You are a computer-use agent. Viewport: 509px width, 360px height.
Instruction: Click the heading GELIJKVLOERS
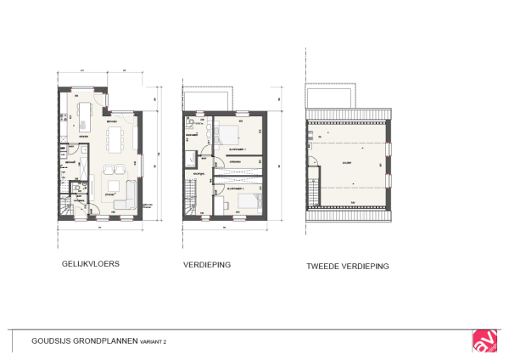click(x=91, y=264)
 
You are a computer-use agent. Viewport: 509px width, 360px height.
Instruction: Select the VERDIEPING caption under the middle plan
click(x=207, y=265)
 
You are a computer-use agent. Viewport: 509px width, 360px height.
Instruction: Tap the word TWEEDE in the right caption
click(x=324, y=266)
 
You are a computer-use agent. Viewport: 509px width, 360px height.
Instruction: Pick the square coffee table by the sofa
click(x=112, y=185)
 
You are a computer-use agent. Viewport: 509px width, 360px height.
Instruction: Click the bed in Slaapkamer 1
click(x=227, y=134)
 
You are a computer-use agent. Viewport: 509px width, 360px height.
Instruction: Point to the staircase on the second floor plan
click(x=314, y=194)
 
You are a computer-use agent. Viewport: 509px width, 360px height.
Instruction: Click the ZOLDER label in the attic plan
click(x=347, y=161)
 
